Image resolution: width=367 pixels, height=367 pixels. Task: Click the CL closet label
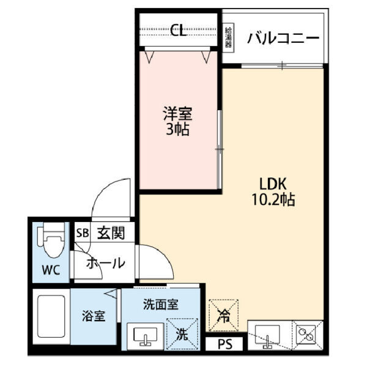[x=179, y=29]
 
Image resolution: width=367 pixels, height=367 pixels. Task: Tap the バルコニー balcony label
[x=283, y=39]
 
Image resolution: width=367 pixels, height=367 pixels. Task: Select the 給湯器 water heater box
[x=228, y=39]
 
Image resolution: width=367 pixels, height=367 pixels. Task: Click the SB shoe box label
[x=82, y=232]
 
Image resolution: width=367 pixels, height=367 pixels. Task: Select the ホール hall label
[x=106, y=264]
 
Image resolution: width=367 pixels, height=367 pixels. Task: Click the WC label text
[x=51, y=270]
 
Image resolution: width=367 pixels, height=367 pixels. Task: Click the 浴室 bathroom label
[x=94, y=316]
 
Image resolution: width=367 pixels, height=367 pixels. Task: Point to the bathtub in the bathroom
[x=51, y=320]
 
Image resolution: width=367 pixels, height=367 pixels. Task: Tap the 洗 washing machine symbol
[x=182, y=335]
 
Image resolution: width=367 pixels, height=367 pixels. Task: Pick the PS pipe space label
[x=224, y=345]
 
